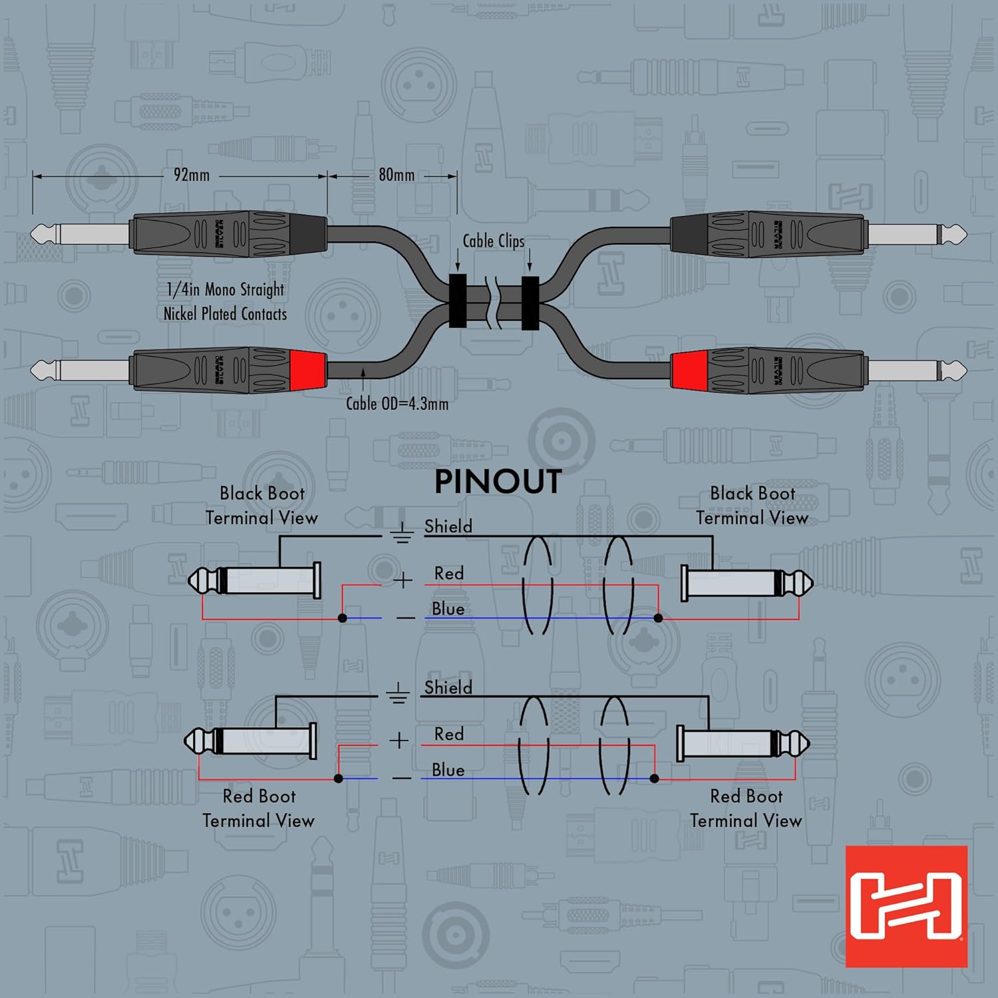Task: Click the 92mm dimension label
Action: pos(192,175)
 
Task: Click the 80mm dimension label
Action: pos(397,175)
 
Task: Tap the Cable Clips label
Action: pos(493,242)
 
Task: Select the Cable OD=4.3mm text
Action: pos(397,403)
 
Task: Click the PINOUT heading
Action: pos(498,481)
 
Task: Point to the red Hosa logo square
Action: pos(906,906)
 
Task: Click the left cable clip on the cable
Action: pos(457,301)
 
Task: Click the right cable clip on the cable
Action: pos(530,303)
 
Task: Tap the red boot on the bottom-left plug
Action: pos(308,369)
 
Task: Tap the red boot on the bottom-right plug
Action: pos(689,370)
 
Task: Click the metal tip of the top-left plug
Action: pos(43,234)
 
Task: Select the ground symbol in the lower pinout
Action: pos(398,694)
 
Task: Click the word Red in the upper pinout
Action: pos(449,574)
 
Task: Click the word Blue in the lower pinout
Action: pos(448,770)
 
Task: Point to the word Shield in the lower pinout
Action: pos(448,687)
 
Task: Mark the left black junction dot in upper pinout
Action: pos(343,618)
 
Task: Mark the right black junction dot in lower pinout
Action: pos(655,778)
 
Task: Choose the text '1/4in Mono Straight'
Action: pos(225,289)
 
